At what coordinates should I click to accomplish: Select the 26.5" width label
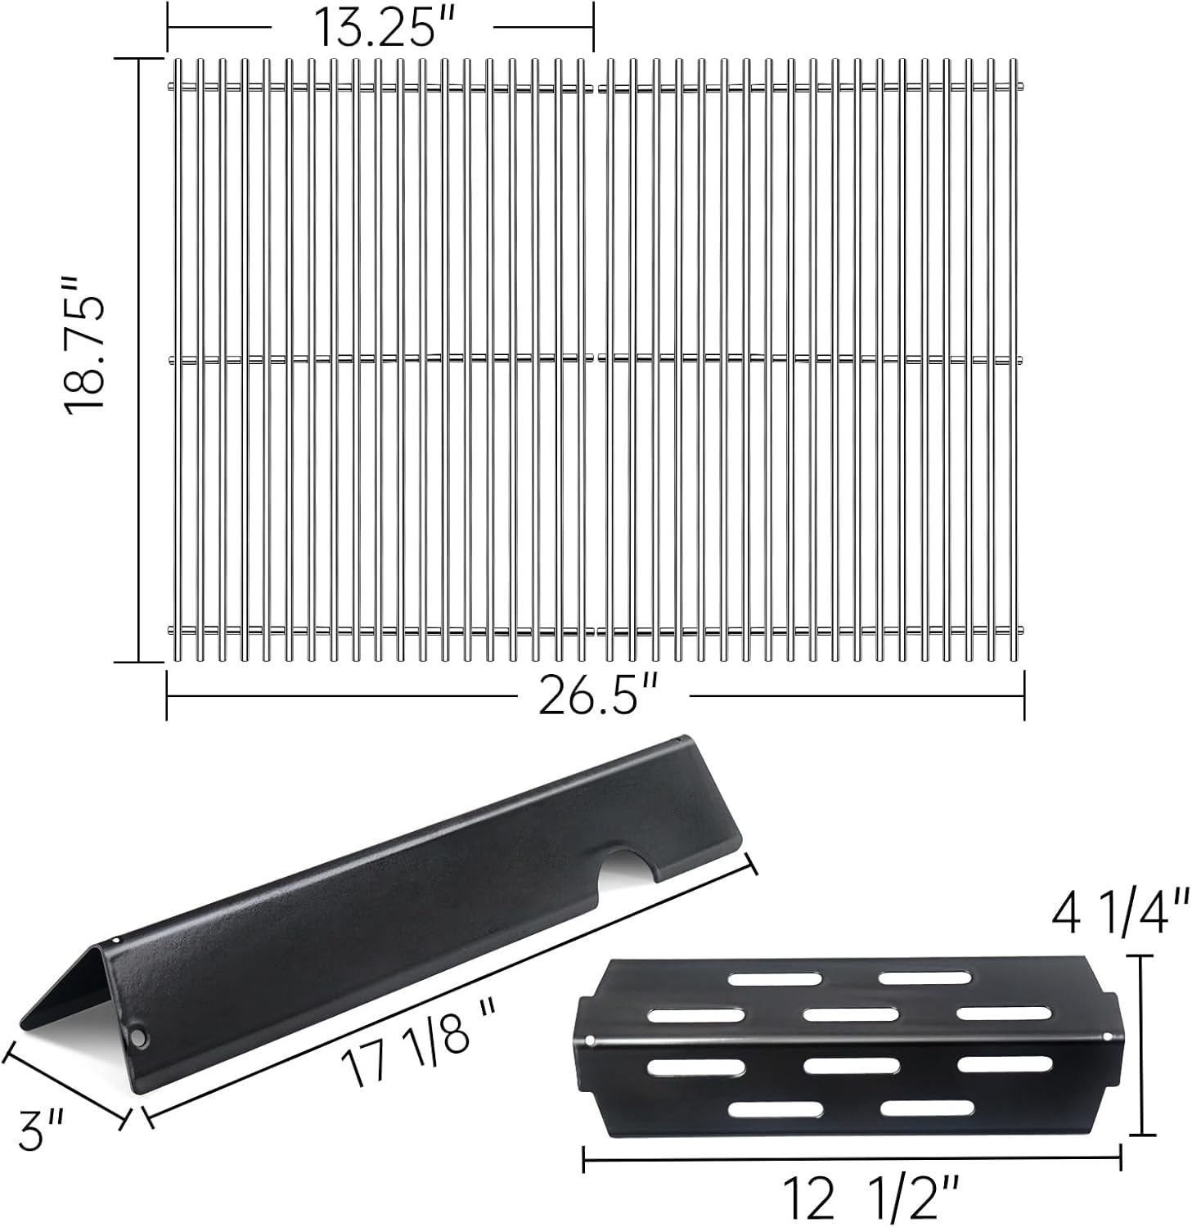click(x=600, y=696)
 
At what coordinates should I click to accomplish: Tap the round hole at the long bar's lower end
click(x=141, y=1038)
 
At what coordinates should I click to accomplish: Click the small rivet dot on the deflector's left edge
click(x=590, y=1040)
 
